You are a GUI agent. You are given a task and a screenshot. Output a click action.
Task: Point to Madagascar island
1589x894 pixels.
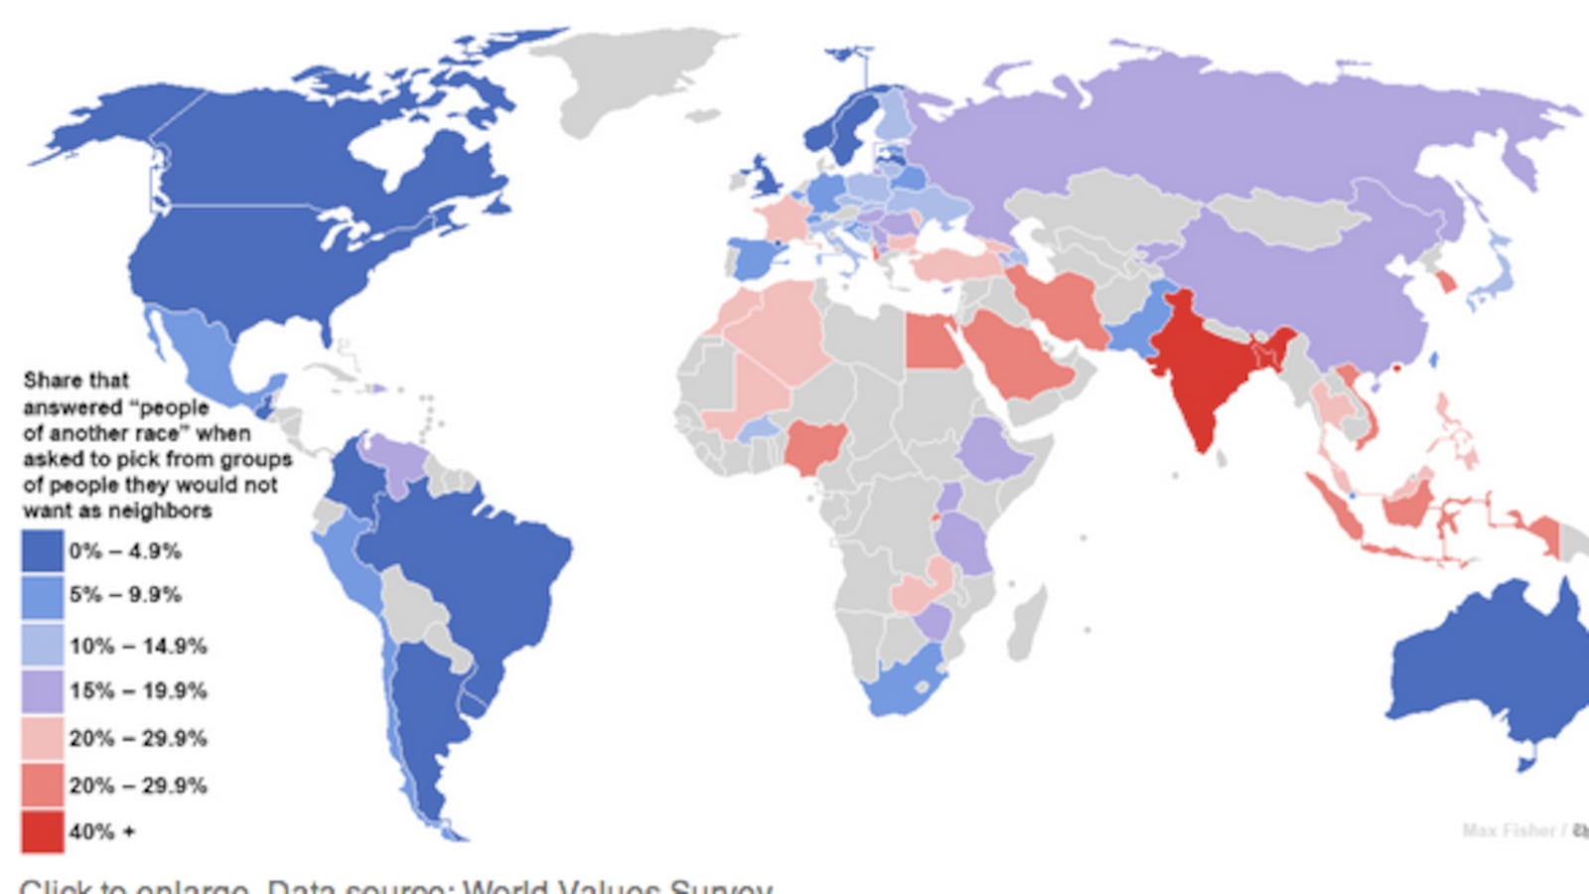pos(1028,621)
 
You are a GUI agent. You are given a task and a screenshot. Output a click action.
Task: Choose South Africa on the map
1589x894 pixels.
pos(904,685)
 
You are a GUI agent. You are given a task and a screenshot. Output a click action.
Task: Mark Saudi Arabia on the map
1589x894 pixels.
pos(1018,358)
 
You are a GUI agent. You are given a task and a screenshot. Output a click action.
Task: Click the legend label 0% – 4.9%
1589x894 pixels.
pos(125,551)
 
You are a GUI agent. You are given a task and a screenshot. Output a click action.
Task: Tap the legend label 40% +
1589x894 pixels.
pos(101,831)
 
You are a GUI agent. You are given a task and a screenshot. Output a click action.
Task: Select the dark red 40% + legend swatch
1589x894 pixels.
pos(42,831)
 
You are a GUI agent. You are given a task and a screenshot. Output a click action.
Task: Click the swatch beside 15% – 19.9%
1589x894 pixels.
pos(42,691)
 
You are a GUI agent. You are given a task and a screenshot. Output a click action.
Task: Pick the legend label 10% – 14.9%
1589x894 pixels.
pos(138,646)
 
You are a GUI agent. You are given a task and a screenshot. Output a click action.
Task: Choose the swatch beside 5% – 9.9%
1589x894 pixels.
pos(42,596)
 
